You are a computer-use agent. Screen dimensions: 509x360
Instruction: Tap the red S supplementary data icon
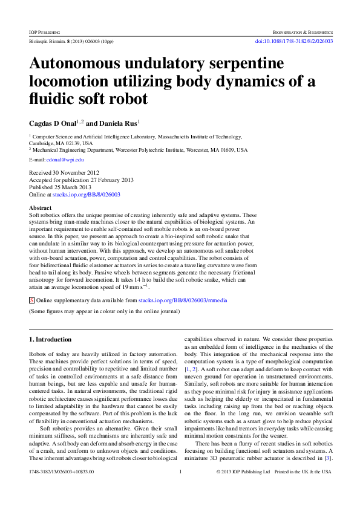pyautogui.click(x=32, y=300)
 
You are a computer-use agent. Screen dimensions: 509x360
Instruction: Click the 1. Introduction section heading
pyautogui.click(x=51, y=340)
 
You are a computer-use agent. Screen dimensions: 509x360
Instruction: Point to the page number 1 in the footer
pyautogui.click(x=180, y=488)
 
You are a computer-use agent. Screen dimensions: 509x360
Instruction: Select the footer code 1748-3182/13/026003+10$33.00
pyautogui.click(x=61, y=488)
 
